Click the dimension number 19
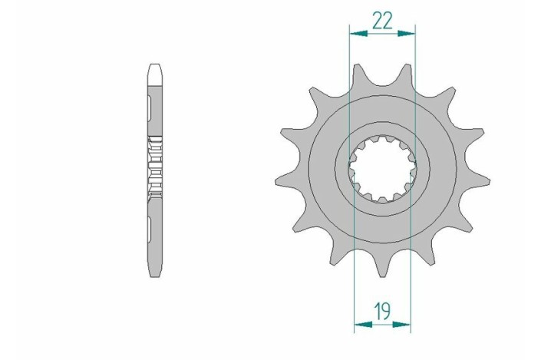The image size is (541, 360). tap(382, 311)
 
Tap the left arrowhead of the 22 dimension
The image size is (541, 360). tap(354, 33)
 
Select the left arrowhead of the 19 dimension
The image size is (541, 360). tap(359, 324)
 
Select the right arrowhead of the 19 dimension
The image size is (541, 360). tap(407, 324)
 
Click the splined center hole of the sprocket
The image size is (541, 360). tap(382, 170)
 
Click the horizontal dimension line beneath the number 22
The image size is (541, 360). tap(382, 33)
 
